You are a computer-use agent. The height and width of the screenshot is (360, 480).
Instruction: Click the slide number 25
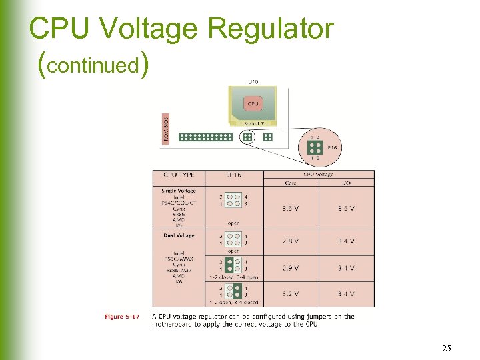pyautogui.click(x=446, y=349)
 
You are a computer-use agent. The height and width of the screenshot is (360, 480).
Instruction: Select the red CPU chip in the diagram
pyautogui.click(x=253, y=104)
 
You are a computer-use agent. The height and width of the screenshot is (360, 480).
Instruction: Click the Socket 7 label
pyautogui.click(x=253, y=123)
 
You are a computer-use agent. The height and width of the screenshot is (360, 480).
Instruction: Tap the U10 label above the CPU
pyautogui.click(x=253, y=82)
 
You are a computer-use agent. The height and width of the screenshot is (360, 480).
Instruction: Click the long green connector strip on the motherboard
pyautogui.click(x=205, y=137)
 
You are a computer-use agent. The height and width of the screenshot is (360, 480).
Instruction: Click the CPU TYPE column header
pyautogui.click(x=179, y=175)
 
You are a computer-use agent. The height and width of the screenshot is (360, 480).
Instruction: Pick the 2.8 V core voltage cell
pyautogui.click(x=290, y=241)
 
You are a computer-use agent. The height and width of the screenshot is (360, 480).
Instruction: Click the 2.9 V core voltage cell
pyautogui.click(x=290, y=267)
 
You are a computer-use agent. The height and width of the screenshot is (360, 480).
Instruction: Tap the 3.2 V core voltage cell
pyautogui.click(x=290, y=293)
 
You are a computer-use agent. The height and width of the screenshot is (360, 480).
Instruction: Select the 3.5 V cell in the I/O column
pyautogui.click(x=345, y=208)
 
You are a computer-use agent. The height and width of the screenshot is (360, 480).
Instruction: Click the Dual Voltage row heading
pyautogui.click(x=179, y=235)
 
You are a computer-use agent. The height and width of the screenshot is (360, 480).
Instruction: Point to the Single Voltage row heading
pyautogui.click(x=179, y=191)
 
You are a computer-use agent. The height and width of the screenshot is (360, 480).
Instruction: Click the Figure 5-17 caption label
pyautogui.click(x=121, y=317)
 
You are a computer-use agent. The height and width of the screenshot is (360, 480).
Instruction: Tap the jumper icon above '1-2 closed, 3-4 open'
pyautogui.click(x=233, y=265)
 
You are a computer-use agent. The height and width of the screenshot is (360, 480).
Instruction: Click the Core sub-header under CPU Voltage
pyautogui.click(x=290, y=182)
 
